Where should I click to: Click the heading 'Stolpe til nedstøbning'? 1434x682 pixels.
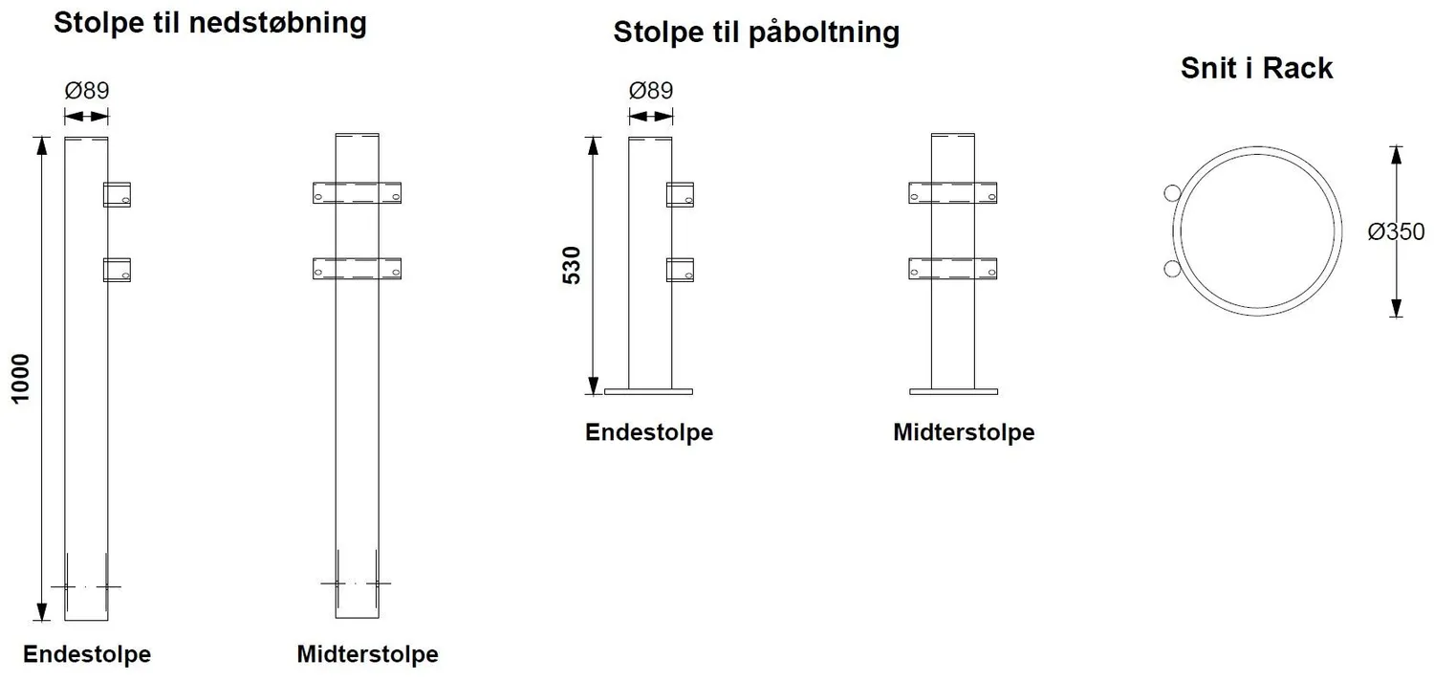(210, 24)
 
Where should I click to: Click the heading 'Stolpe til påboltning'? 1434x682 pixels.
(756, 33)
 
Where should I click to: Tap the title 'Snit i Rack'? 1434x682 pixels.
(1257, 68)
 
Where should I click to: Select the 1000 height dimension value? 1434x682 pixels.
(20, 379)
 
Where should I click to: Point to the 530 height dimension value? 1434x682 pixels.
(571, 265)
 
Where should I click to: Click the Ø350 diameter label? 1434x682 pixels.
(1396, 231)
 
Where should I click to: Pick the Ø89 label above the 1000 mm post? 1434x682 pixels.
(87, 90)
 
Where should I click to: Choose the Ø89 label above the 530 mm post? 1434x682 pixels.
(651, 90)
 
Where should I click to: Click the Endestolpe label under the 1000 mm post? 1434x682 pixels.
(87, 654)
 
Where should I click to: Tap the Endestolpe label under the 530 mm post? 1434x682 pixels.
(649, 432)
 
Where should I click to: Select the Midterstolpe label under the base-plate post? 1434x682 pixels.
(964, 432)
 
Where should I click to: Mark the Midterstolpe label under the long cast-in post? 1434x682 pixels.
(367, 654)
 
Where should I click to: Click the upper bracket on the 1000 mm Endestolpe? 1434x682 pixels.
(118, 195)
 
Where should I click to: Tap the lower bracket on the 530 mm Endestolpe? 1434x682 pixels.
(680, 270)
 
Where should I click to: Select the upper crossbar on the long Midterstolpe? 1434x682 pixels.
(358, 193)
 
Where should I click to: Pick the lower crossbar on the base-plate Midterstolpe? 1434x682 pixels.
(952, 269)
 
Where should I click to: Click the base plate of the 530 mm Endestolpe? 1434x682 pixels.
(648, 391)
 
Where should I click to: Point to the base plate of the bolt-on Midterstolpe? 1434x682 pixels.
(953, 391)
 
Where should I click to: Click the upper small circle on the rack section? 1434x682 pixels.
(1172, 193)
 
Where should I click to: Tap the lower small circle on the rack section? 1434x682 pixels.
(1172, 269)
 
